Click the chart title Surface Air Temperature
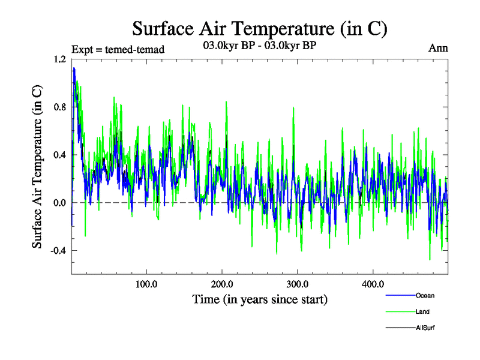coord(260,28)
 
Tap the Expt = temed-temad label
coord(118,49)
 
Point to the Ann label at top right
coord(438,48)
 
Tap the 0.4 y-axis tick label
coord(60,155)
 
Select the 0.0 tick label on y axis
coord(60,203)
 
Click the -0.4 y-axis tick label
coord(58,251)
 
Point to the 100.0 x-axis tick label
coord(146,284)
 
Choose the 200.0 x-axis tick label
coord(222,284)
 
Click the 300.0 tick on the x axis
coord(297,284)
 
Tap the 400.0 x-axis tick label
coord(373,284)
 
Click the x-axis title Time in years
coord(260,299)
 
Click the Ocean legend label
coord(425,295)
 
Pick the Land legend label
coord(423,311)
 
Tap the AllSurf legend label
coord(425,328)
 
